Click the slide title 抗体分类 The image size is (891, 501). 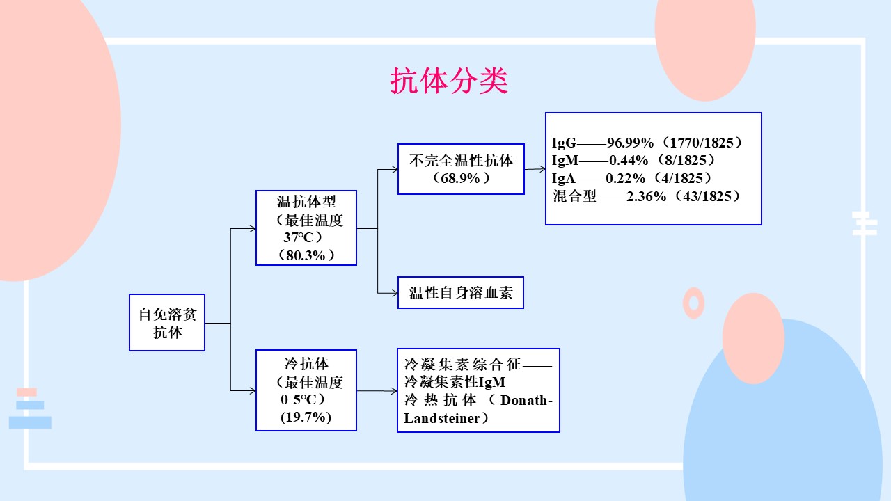pos(449,81)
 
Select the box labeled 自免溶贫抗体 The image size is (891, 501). pos(167,322)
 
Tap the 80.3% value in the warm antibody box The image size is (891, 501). pos(306,255)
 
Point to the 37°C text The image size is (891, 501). pos(299,237)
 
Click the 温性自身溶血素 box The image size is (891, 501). pos(461,293)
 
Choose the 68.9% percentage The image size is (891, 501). pos(460,178)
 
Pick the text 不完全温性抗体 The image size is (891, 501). pos(461,161)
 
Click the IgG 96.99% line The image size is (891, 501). pos(647,143)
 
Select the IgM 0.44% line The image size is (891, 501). pos(633,160)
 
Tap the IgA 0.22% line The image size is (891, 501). pos(631,178)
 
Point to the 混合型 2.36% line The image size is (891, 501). pos(647,196)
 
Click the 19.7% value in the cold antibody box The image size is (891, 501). pos(306,417)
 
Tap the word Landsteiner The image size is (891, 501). pos(442,418)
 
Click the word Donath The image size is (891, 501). pos(524,400)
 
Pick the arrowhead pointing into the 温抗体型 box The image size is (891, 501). pos(253,229)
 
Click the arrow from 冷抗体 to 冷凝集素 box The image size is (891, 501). pos(377,391)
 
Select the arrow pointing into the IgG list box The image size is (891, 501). pos(535,169)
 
